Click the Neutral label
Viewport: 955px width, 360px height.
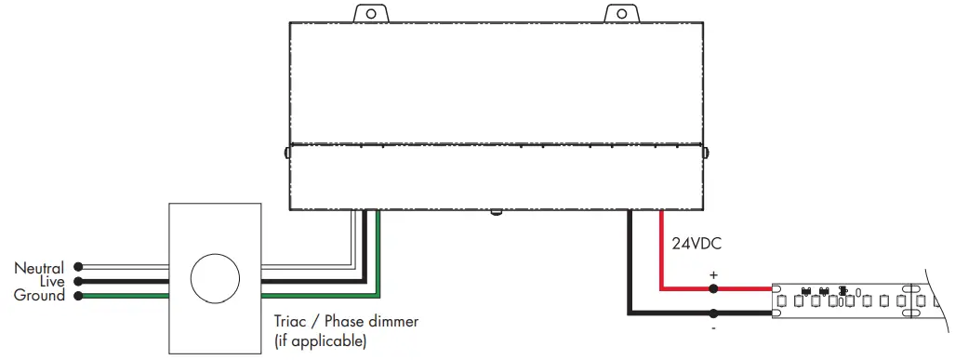39,268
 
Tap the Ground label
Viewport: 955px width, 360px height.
40,296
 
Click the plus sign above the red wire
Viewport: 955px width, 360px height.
713,276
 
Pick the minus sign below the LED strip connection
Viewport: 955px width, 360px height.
713,328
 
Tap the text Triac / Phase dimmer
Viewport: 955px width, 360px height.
346,322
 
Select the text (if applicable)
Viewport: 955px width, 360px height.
320,340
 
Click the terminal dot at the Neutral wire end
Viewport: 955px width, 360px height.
79,266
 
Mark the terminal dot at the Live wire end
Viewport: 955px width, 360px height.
79,281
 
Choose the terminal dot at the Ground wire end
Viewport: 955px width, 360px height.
79,296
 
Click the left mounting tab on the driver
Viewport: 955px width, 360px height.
371,13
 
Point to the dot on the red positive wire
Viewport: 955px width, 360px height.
713,289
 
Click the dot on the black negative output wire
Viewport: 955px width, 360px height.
713,313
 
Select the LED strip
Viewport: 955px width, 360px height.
856,300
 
